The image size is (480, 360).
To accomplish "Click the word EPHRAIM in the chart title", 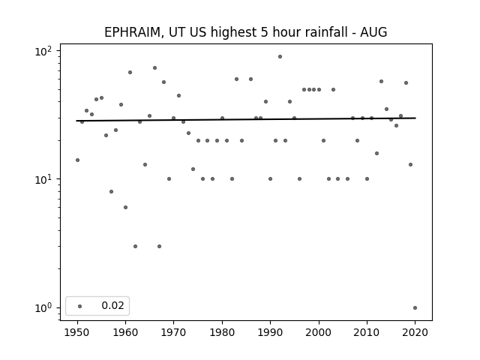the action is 132,32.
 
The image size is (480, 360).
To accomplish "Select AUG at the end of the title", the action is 373,32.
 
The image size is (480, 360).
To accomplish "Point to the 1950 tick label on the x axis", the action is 77,332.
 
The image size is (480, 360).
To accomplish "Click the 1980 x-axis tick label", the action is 222,332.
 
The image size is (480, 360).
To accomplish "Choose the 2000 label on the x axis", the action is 319,332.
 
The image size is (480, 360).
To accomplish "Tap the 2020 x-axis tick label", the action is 415,332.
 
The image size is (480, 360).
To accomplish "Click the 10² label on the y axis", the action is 43,51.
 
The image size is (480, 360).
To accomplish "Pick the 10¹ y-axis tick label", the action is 43,179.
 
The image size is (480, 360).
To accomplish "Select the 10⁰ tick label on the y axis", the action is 43,307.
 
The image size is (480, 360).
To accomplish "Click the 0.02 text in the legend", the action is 112,305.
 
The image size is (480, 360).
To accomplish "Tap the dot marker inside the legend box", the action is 80,306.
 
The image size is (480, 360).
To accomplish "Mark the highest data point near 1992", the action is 280,57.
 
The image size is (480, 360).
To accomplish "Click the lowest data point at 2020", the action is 415,308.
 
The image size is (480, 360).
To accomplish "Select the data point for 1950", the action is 77,160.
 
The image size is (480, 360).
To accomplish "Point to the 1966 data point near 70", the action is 155,68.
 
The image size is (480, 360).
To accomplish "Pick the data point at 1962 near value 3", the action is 135,247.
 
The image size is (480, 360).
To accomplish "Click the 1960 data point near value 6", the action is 125,208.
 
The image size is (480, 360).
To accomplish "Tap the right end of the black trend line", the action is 415,118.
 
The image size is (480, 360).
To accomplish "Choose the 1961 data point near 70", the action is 130,73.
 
